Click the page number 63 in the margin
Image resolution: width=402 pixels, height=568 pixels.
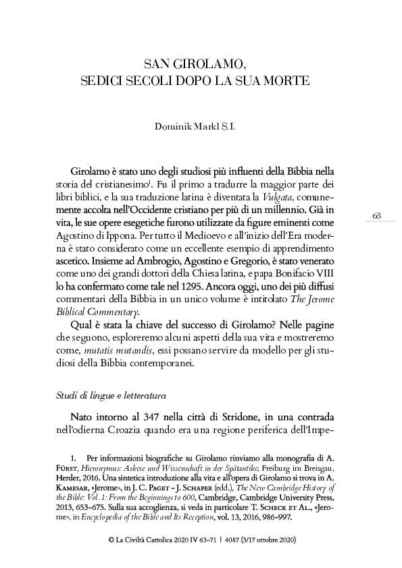(x=377, y=215)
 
